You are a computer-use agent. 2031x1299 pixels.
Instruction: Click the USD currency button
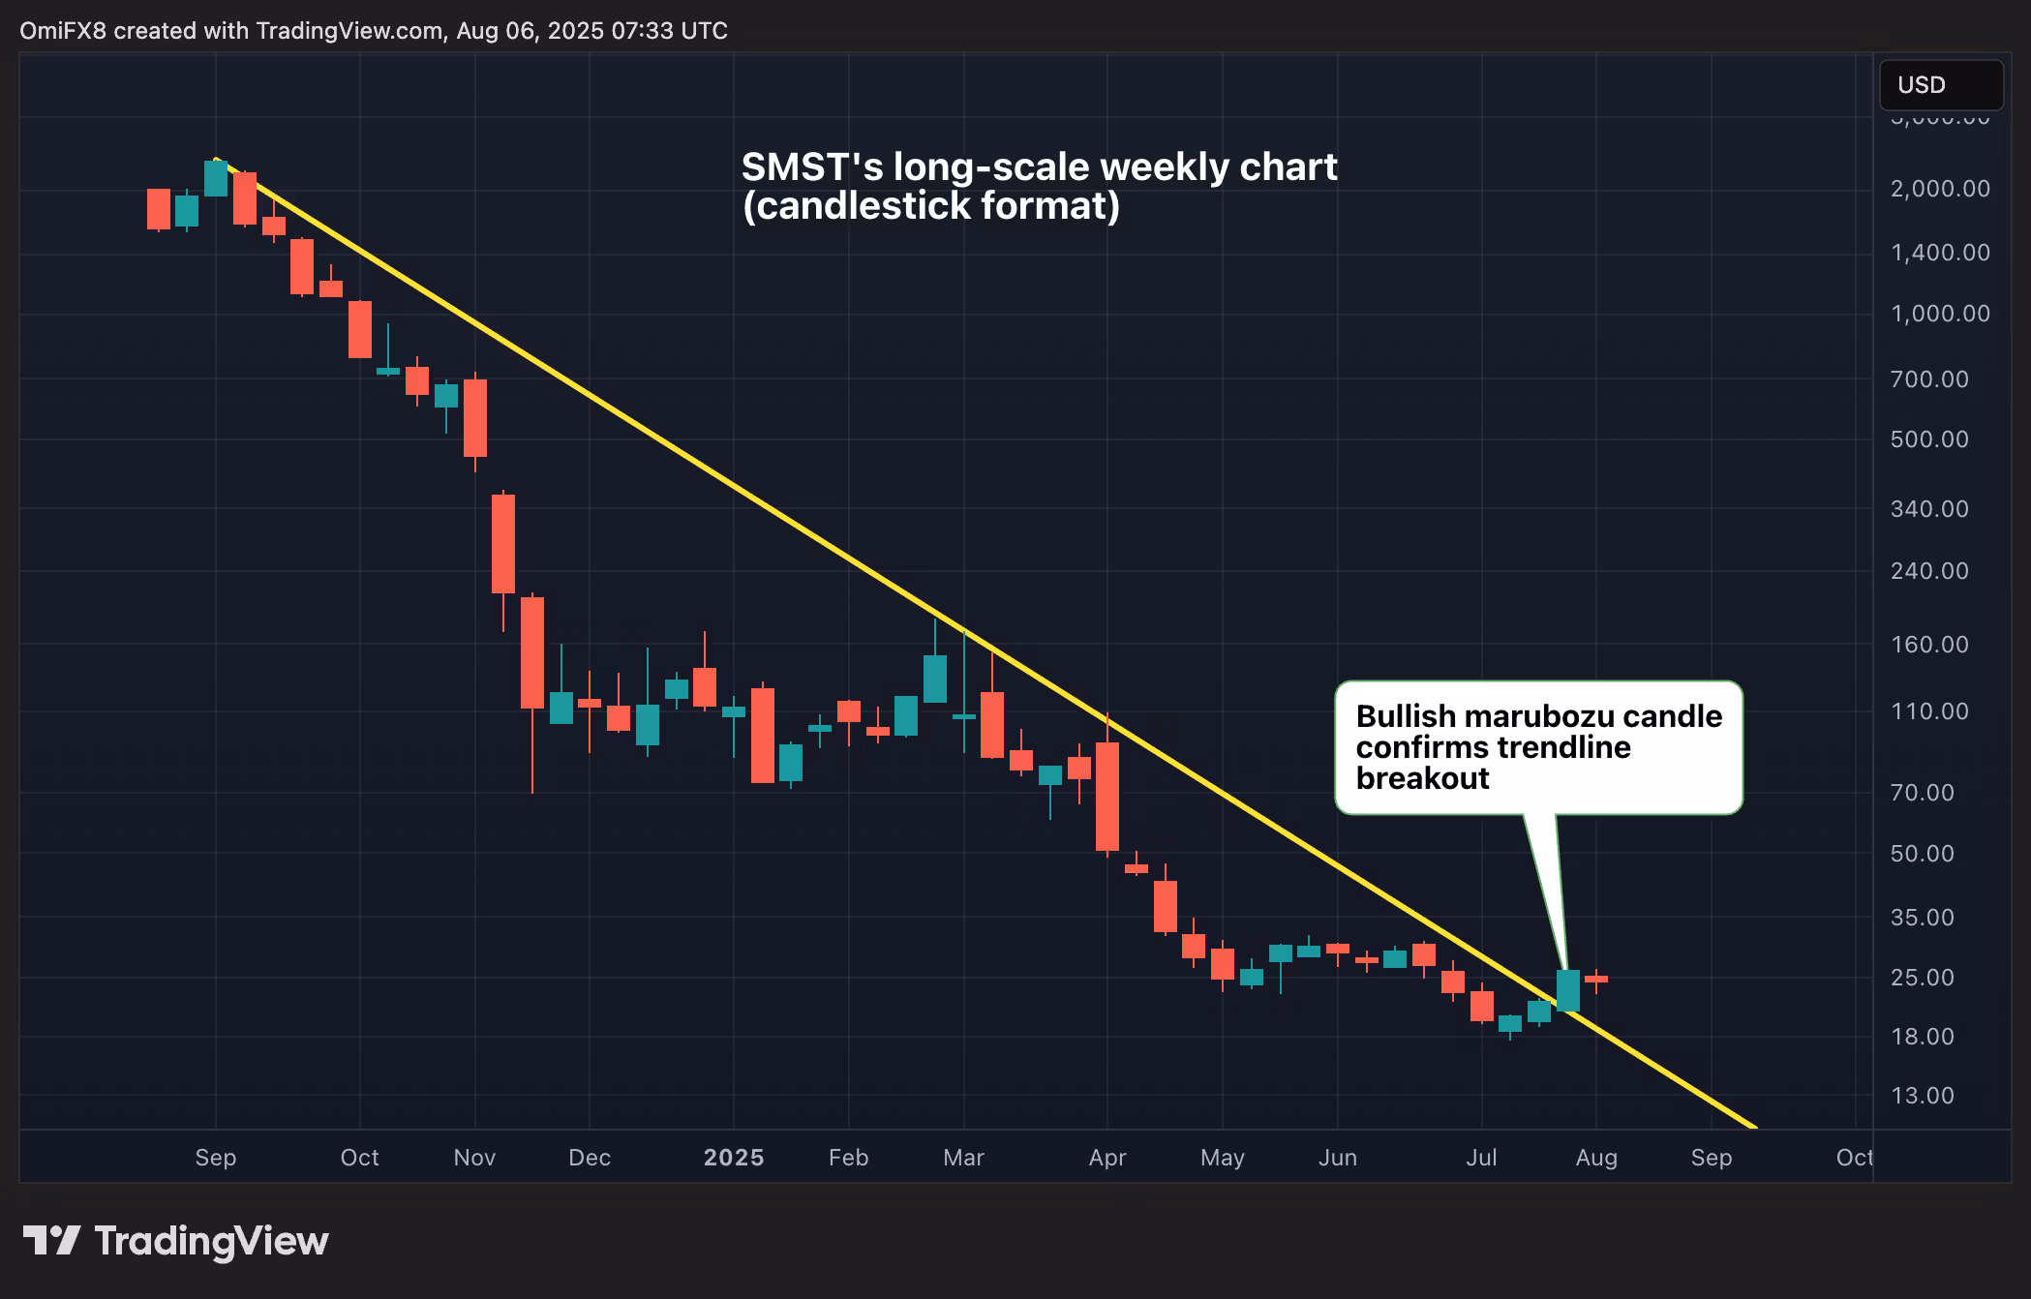coord(1940,85)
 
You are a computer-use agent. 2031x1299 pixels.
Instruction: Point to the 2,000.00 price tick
coord(1940,189)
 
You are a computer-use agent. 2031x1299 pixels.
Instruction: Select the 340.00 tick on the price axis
coord(1929,509)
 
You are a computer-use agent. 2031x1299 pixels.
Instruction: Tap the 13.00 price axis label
coord(1922,1096)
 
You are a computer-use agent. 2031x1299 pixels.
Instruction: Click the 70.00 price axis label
coord(1922,793)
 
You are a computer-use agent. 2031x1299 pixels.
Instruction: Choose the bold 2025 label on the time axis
coord(734,1158)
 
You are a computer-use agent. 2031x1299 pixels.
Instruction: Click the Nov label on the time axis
coord(474,1158)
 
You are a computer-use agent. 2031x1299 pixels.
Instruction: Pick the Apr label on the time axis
coord(1107,1158)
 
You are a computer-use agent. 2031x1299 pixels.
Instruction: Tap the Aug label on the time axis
coord(1596,1158)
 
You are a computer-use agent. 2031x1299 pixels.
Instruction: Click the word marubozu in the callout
coord(1539,716)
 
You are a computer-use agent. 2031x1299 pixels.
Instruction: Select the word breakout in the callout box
coord(1422,778)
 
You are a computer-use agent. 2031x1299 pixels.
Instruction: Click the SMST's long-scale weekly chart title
coord(1039,167)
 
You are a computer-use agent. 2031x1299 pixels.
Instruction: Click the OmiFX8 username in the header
coord(63,31)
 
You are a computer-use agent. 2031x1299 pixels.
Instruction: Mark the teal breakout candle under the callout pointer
coord(1568,990)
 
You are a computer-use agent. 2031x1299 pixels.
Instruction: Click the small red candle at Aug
coord(1596,980)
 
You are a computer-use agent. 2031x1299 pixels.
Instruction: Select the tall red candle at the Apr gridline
coord(1107,796)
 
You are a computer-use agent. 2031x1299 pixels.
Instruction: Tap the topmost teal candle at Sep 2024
coord(216,179)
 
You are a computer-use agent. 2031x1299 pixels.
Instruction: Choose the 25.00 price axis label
coord(1922,978)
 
